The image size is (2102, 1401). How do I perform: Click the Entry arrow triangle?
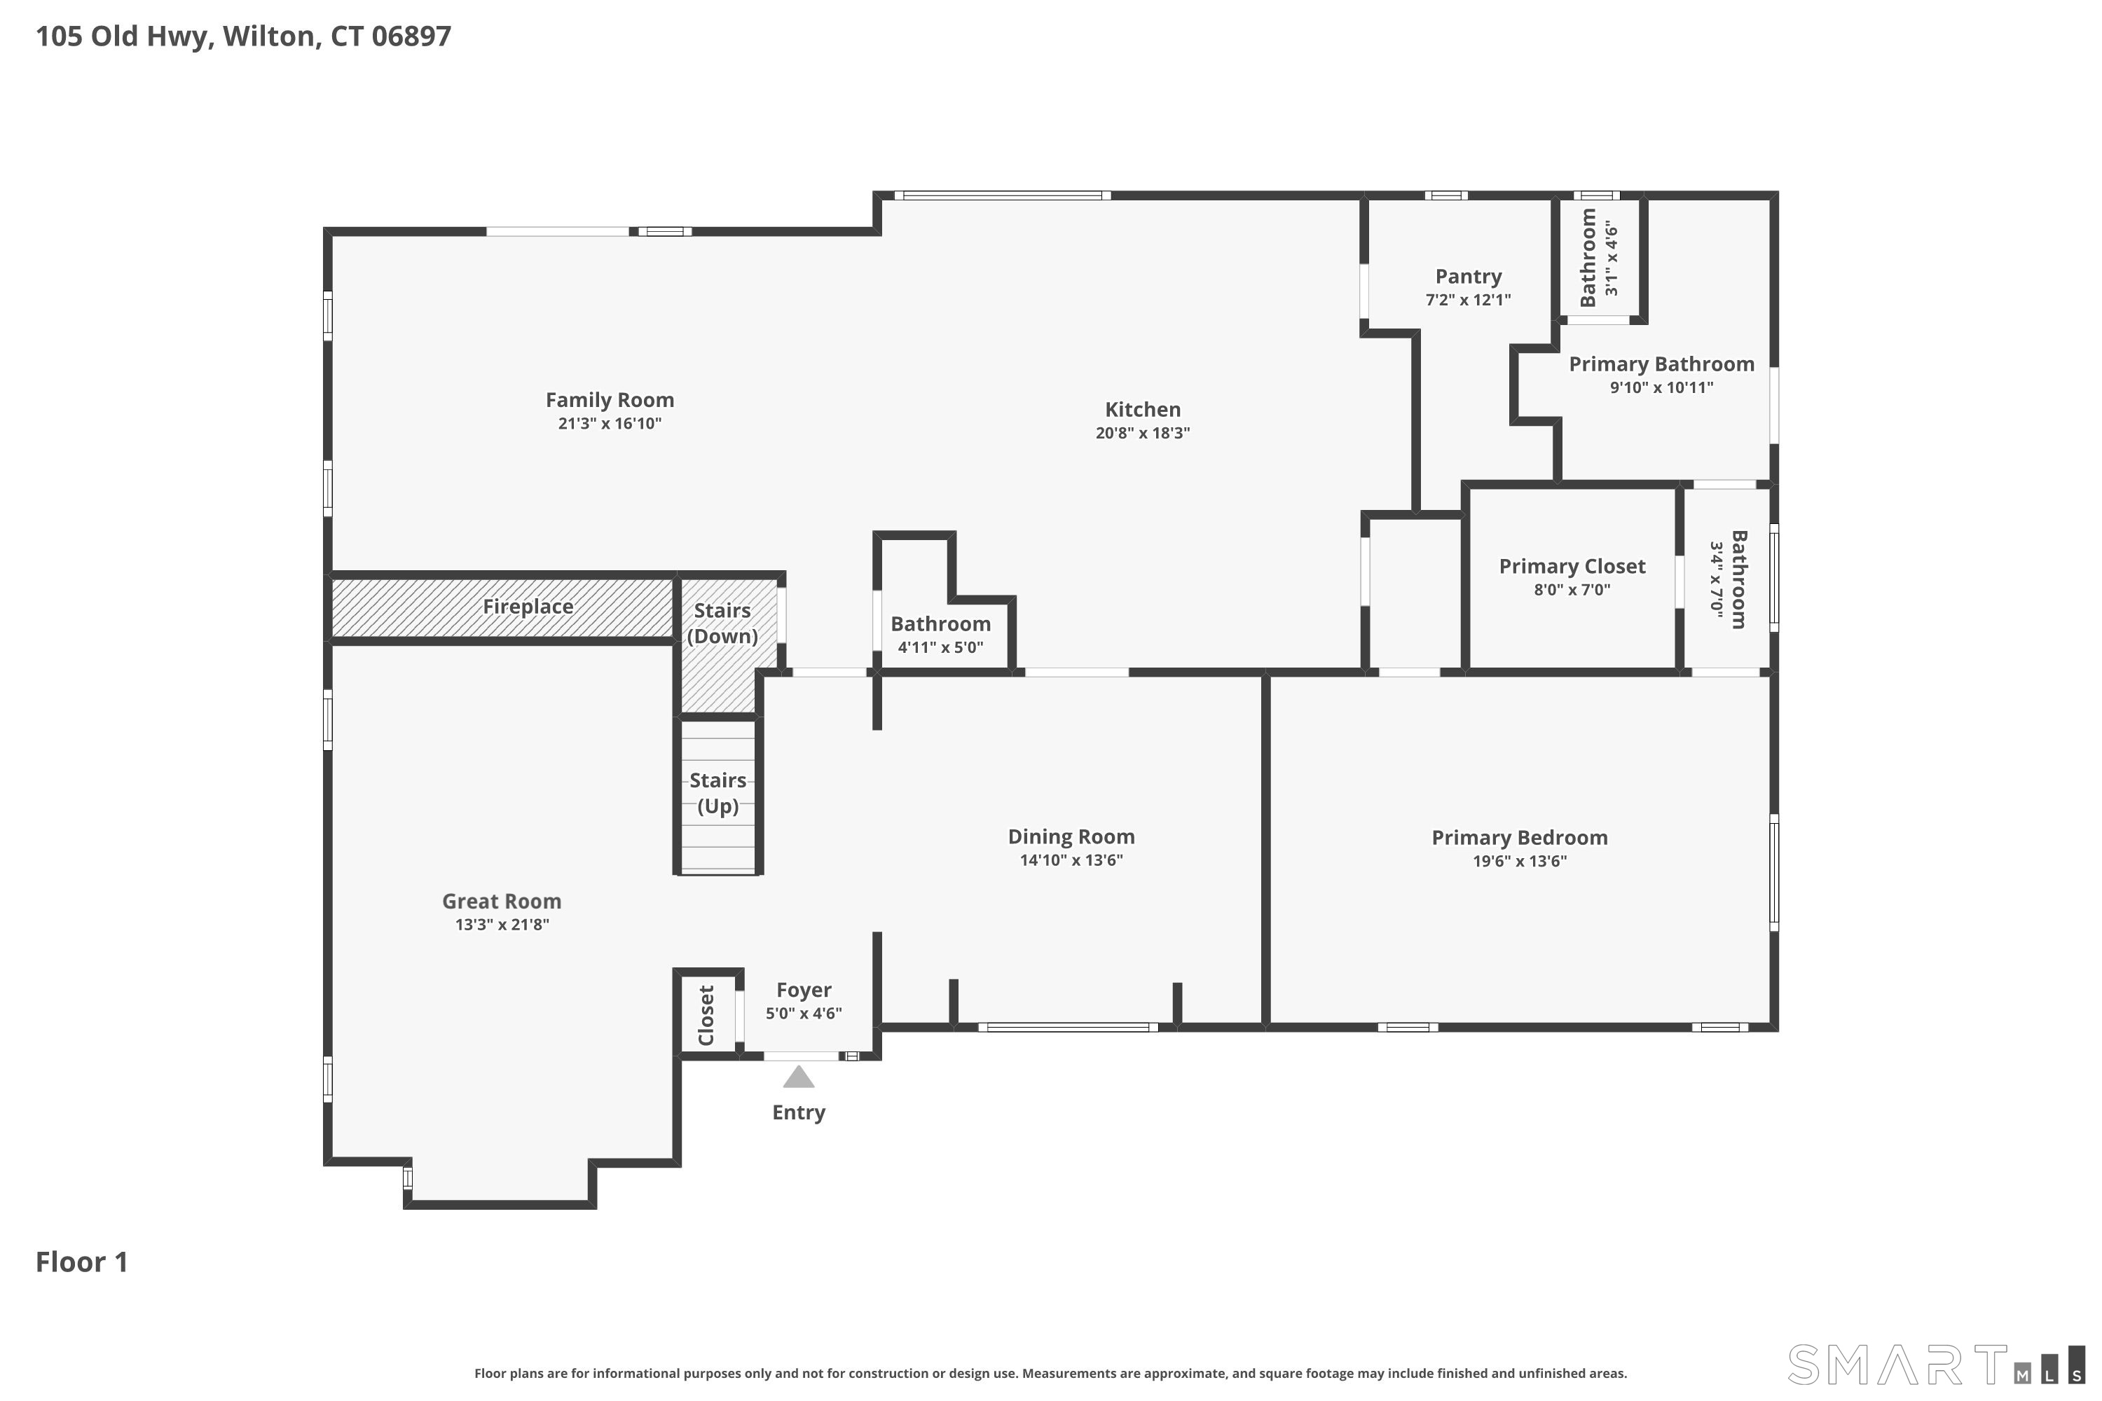coord(799,1077)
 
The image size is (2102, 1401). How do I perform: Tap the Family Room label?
coord(610,400)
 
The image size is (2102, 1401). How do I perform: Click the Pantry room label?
coord(1469,277)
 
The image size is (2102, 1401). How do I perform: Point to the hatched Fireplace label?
coord(528,607)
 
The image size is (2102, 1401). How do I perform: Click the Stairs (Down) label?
coord(722,623)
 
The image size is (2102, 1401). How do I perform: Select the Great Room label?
coord(502,902)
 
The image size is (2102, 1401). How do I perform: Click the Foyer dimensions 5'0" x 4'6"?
coord(804,1013)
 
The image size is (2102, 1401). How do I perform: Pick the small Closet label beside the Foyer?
coord(706,1015)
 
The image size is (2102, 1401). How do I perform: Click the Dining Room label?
coord(1071,837)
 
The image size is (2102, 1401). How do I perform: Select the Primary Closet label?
coord(1572,567)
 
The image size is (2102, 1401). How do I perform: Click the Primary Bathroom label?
coord(1661,364)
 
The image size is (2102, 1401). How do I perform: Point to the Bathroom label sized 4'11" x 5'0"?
coord(940,623)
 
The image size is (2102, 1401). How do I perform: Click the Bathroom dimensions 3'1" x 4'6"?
coord(1612,259)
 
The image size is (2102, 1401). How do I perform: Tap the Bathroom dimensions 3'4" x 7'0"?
coord(1716,579)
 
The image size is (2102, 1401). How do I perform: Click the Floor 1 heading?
coord(81,1262)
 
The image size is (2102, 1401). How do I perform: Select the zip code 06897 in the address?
coord(411,36)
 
